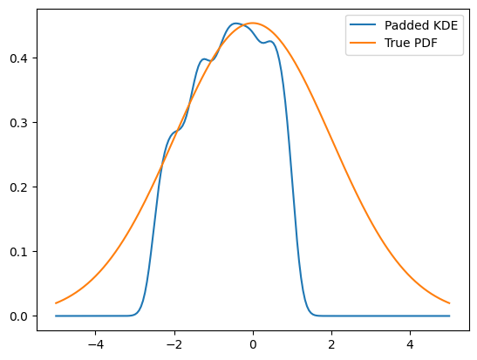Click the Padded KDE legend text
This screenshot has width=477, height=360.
[421, 25]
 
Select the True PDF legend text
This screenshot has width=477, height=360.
[411, 43]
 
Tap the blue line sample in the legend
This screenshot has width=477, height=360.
[363, 25]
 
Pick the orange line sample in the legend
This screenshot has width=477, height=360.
[363, 43]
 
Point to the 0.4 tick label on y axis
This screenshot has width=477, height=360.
[19, 58]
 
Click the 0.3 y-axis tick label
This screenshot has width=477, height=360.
[19, 123]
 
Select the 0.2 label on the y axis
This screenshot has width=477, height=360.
[19, 187]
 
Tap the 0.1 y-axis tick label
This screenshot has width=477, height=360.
[19, 251]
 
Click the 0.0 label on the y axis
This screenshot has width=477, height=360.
[19, 316]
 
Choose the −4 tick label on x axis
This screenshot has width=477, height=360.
[96, 344]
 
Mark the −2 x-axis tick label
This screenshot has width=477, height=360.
[174, 344]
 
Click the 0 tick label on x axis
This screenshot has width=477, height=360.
[253, 344]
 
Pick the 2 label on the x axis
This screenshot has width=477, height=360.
[331, 344]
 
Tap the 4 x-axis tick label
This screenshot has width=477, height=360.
[411, 344]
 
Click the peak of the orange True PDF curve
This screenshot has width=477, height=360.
[253, 24]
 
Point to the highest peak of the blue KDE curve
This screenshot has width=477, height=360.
[235, 24]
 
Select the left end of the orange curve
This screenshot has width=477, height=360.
[56, 303]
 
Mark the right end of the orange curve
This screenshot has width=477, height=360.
[450, 303]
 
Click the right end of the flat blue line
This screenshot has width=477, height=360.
[450, 316]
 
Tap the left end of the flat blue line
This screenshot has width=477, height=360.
[56, 316]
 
